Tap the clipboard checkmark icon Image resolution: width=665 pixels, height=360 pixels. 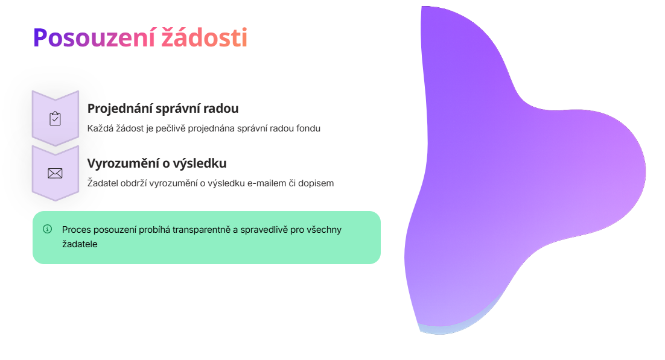[x=55, y=119]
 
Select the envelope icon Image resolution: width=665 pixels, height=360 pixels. [x=55, y=174]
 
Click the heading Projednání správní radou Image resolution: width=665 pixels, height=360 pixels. [x=163, y=109]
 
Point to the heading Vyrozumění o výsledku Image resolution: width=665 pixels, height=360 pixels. [x=157, y=163]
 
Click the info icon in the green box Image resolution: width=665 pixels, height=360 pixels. [x=48, y=229]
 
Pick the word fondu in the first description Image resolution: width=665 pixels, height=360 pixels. [x=308, y=128]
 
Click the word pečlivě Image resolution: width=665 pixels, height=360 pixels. [x=172, y=128]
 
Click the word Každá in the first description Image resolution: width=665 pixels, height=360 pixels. [x=100, y=128]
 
